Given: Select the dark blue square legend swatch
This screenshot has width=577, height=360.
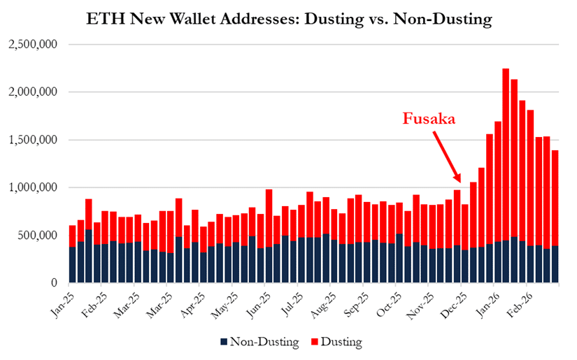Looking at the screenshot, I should [x=224, y=342].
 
